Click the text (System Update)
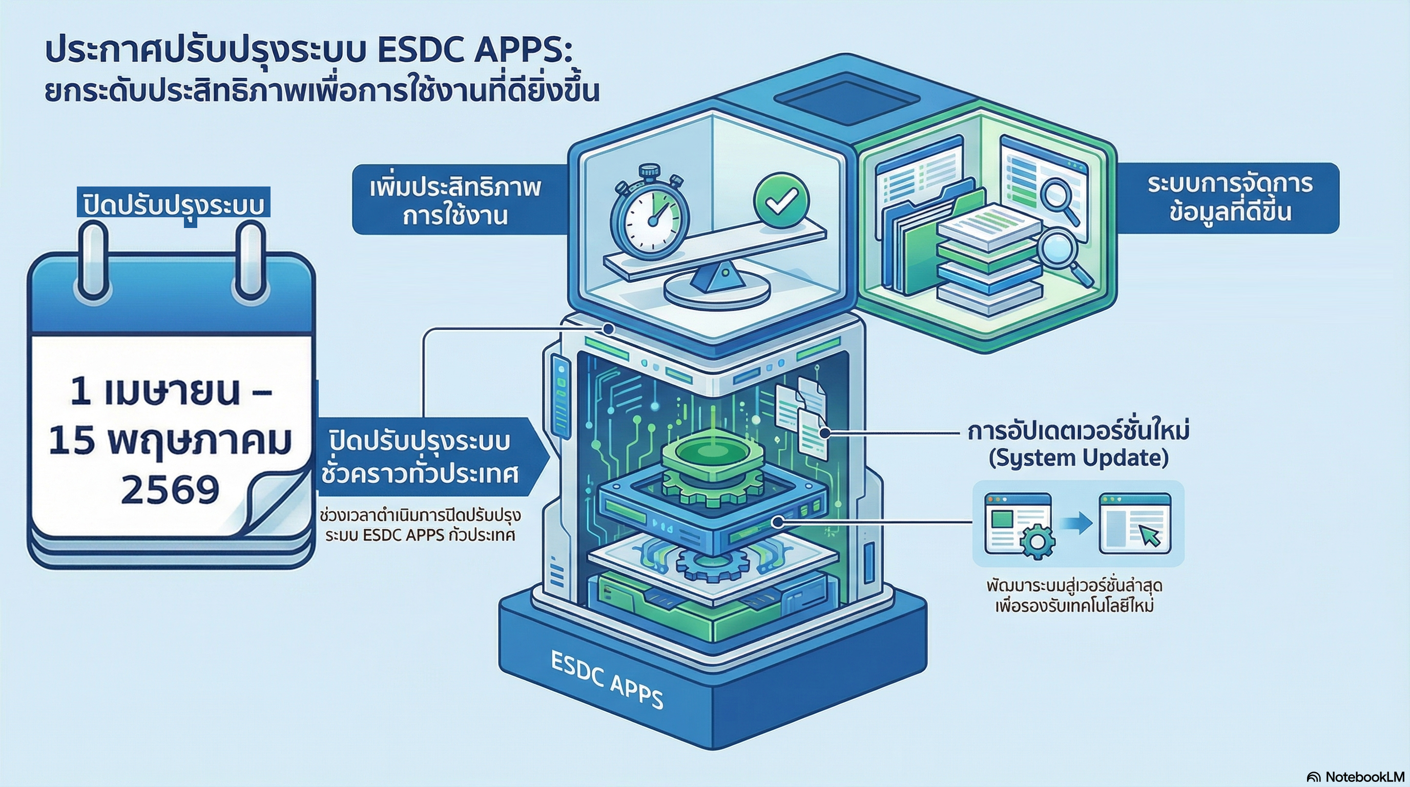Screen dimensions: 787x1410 click(1079, 458)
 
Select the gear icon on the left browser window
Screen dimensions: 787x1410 click(1036, 542)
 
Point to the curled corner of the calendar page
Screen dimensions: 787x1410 click(274, 504)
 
